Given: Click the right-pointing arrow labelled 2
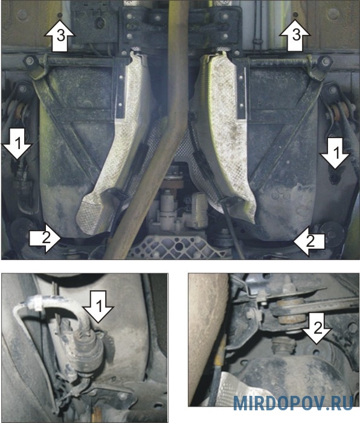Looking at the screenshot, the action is pos(45,238).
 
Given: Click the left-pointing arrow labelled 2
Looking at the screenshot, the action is pos(309,241).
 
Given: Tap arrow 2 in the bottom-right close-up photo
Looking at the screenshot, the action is pos(317,328).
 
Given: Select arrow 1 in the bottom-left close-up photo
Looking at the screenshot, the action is pos(98,307).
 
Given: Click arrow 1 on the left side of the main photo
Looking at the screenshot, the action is pos(18,144).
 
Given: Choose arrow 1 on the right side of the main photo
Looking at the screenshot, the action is pos(335,153).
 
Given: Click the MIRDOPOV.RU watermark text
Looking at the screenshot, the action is pos(294,403).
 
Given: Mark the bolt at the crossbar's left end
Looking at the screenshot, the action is pos(29,61).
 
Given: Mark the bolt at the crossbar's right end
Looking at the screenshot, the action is pos(326,62).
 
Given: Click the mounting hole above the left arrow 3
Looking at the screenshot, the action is pos(60,14).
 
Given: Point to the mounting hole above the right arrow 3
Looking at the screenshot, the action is pos(295,14).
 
